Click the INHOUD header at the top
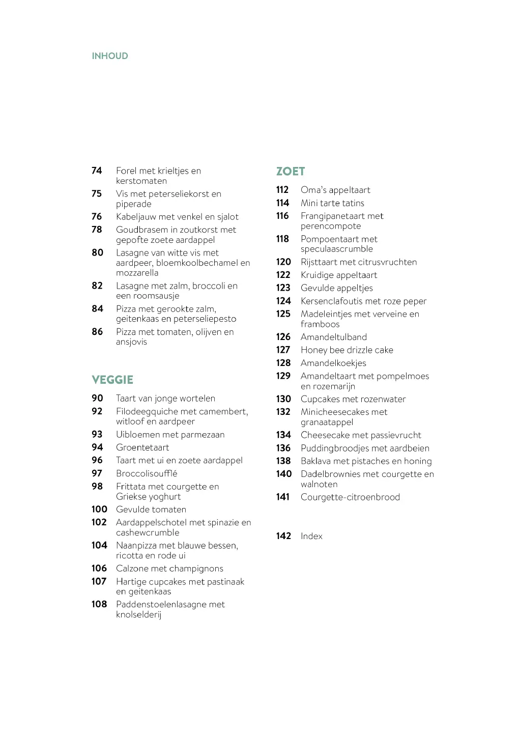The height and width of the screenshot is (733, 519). point(110,56)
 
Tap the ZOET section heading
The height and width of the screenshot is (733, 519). point(291,172)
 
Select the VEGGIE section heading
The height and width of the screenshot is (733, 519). point(112,380)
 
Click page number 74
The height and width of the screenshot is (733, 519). point(97,171)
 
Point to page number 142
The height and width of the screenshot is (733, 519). point(283,536)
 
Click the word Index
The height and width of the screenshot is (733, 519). point(311,536)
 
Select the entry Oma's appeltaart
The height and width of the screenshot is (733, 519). point(335,190)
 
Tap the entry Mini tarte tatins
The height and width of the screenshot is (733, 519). point(332,203)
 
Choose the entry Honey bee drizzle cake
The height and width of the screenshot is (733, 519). point(347,350)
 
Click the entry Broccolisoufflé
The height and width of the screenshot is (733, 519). point(147,473)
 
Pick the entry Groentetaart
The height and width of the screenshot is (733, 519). point(142,447)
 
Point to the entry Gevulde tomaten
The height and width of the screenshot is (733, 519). point(151,510)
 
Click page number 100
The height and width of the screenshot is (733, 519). point(99,510)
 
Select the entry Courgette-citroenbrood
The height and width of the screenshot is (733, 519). point(350,497)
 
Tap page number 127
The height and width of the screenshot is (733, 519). point(283,350)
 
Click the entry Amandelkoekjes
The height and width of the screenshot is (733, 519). point(333,363)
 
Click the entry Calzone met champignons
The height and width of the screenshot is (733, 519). point(169,569)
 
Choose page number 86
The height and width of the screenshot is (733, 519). point(97,332)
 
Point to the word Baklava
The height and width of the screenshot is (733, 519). point(316,461)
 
